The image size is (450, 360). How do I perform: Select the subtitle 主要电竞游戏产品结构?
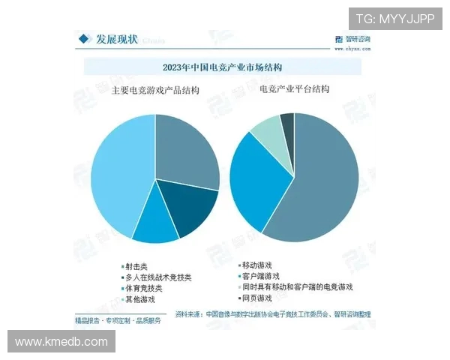click(x=155, y=91)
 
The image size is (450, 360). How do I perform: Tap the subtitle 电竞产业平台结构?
click(x=295, y=88)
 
